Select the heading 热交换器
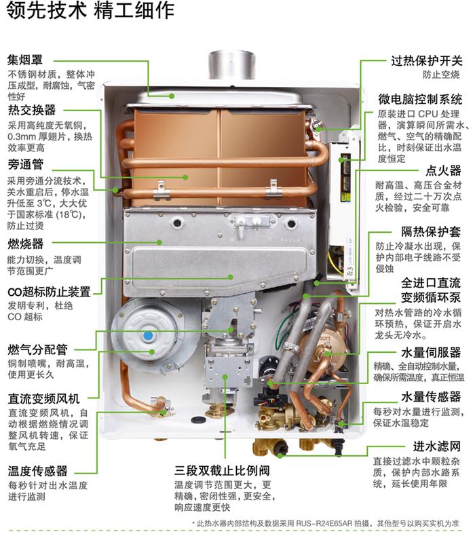pyautogui.click(x=32, y=110)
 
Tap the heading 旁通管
pyautogui.click(x=26, y=164)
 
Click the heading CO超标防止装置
pyautogui.click(x=49, y=292)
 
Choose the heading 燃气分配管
pyautogui.click(x=37, y=349)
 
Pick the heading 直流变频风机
pyautogui.click(x=43, y=398)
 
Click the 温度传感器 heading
pyautogui.click(x=37, y=470)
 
